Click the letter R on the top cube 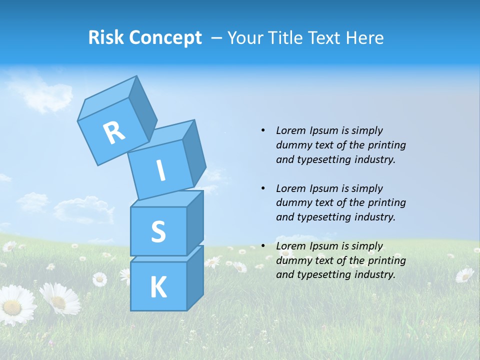[114, 132]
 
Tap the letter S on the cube [158, 231]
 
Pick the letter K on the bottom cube [158, 287]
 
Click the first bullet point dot [263, 130]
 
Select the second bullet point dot [263, 188]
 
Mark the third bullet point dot [263, 246]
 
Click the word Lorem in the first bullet [290, 130]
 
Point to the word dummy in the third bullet [292, 260]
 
